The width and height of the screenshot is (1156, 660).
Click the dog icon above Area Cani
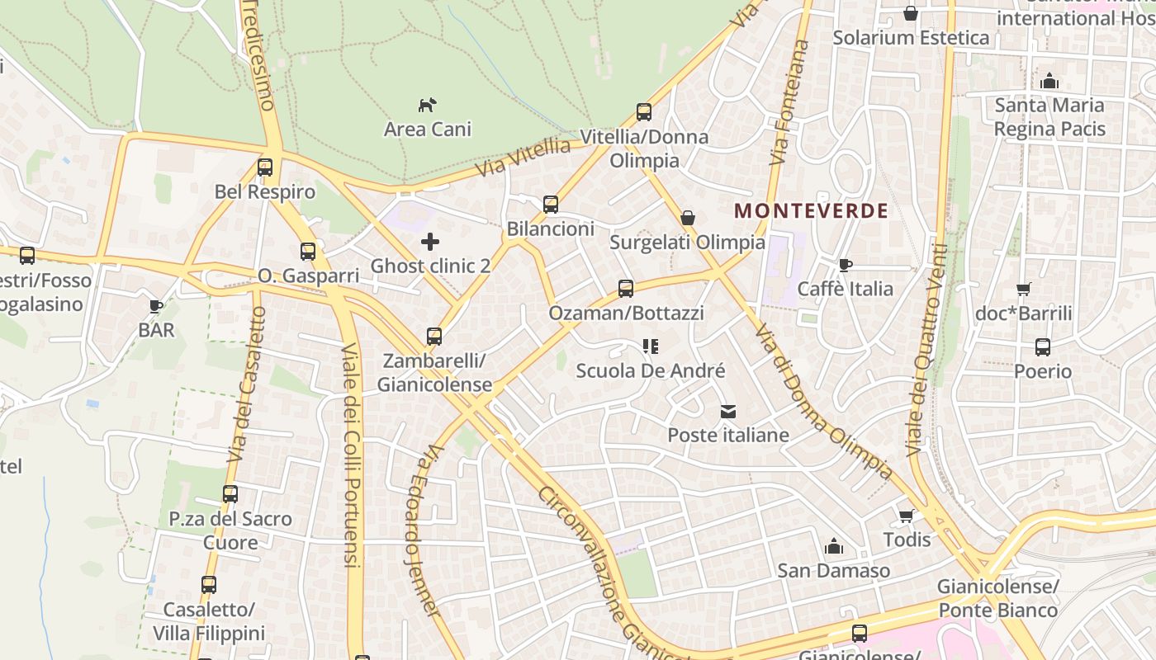[427, 105]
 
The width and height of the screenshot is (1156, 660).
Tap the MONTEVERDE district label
[811, 210]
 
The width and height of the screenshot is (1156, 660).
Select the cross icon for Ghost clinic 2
[430, 242]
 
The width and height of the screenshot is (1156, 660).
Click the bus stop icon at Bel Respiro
[265, 167]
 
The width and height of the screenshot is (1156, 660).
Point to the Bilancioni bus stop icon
[551, 205]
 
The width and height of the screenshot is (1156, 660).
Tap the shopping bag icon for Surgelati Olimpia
[688, 218]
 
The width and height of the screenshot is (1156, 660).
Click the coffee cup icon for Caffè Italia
[845, 265]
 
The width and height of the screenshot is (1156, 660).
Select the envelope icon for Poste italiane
[728, 411]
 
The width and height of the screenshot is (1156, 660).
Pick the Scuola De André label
[651, 371]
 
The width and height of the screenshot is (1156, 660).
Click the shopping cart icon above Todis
[906, 516]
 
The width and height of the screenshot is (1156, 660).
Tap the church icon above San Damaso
[834, 546]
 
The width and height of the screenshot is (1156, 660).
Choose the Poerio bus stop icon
[1043, 347]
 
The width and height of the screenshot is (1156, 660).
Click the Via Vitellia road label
[524, 158]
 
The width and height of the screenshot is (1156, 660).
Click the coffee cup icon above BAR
[155, 307]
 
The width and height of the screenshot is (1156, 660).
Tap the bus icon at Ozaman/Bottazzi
[626, 289]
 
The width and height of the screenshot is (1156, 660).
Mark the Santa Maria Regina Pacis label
[1049, 117]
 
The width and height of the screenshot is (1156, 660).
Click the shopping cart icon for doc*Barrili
[1024, 289]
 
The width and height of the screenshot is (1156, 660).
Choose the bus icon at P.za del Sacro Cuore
[230, 494]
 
